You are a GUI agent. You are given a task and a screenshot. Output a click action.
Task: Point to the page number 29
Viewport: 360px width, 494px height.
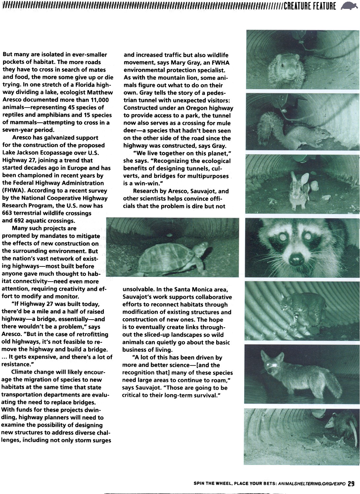pyautogui.click(x=351, y=483)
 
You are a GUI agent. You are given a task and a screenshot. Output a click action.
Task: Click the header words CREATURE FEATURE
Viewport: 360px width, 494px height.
pyautogui.click(x=310, y=6)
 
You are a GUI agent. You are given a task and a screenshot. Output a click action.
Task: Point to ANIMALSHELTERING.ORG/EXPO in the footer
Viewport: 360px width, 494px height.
pyautogui.click(x=312, y=484)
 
